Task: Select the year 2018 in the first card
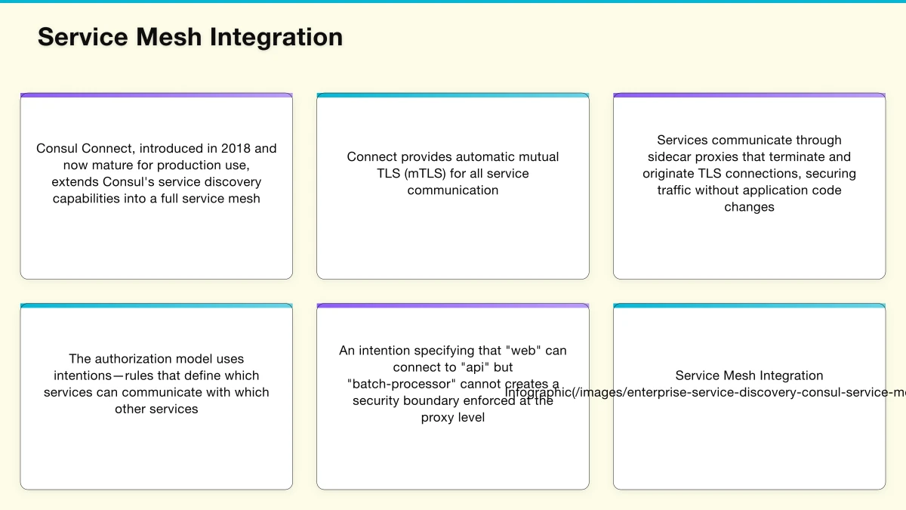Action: tap(236, 148)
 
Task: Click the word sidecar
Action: tap(670, 156)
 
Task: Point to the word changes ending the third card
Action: tap(749, 207)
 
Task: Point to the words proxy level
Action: tap(453, 418)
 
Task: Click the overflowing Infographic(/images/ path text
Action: tap(702, 393)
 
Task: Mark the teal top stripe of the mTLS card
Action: tap(453, 95)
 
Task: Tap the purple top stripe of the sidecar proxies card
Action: tap(749, 95)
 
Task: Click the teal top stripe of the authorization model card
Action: tap(156, 306)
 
